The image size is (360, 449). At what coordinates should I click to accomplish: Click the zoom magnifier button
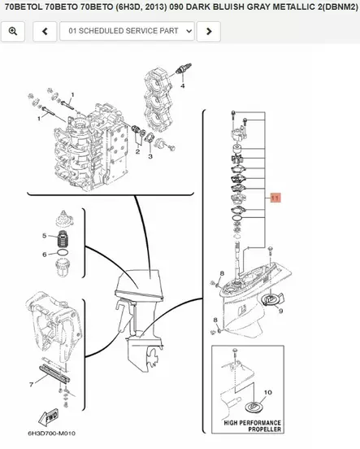click(14, 32)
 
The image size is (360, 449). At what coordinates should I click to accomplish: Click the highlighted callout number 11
click(275, 198)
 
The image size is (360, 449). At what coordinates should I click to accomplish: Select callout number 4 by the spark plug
click(184, 85)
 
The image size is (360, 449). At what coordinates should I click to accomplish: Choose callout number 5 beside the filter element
click(45, 236)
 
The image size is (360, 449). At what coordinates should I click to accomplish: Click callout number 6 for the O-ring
click(45, 254)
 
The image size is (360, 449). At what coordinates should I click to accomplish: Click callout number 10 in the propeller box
click(269, 393)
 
